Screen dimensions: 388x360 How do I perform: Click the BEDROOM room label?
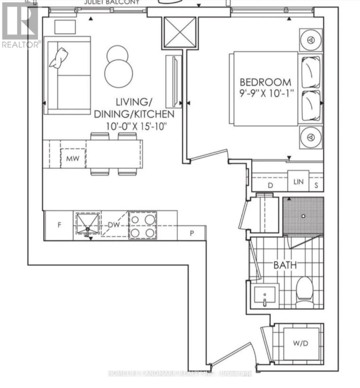265,82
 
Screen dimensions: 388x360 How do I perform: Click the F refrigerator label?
59,225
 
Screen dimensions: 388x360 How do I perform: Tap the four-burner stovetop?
142,225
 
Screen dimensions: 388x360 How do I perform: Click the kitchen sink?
87,224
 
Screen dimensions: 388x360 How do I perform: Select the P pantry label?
192,233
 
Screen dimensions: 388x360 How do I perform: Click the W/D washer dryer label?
300,343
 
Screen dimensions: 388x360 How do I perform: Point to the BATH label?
285,265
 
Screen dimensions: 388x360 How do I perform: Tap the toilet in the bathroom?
304,291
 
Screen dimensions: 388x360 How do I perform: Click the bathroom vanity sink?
265,295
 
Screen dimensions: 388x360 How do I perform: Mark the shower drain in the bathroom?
303,216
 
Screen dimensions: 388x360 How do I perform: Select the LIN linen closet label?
298,182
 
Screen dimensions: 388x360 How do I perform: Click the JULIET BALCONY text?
112,2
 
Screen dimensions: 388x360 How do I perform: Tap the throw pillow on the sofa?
59,58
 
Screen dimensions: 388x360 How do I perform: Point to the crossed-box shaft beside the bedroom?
180,33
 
